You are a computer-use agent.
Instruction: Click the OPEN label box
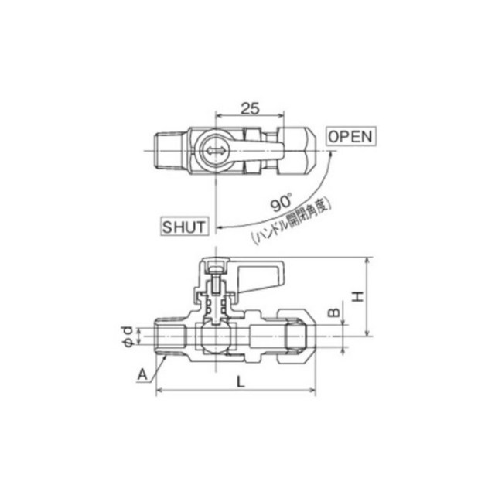click(x=351, y=136)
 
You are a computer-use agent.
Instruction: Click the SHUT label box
click(x=184, y=226)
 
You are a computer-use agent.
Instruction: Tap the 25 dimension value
click(x=250, y=108)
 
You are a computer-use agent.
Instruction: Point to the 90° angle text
click(x=281, y=203)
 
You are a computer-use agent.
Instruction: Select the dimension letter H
click(x=358, y=296)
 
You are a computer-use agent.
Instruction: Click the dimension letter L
click(x=241, y=382)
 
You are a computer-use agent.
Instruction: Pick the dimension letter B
click(x=334, y=312)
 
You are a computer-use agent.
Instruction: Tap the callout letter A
click(x=142, y=374)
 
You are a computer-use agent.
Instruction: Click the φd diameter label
click(x=128, y=336)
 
